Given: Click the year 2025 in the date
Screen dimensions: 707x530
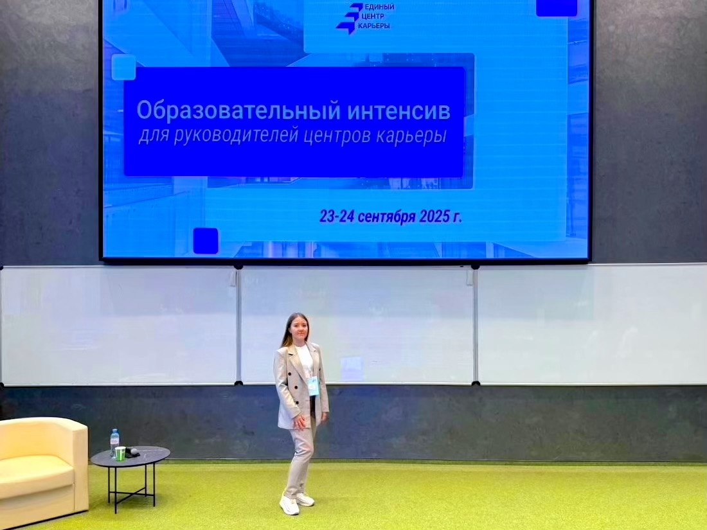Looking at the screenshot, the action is (435, 216).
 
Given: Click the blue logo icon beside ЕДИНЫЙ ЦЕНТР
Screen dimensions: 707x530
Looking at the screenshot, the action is (350, 19).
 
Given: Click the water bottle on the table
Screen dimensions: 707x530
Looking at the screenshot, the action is (114, 443).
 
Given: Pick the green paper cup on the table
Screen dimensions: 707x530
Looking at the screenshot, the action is (120, 454).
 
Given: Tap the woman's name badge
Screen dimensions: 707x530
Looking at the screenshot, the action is (314, 386).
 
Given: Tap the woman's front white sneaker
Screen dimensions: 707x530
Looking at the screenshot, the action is (289, 505).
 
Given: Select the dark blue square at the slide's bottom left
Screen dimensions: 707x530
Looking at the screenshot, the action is (206, 241).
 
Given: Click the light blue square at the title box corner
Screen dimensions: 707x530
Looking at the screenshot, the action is (123, 67).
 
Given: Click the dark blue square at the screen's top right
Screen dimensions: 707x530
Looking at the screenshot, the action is (557, 8).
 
